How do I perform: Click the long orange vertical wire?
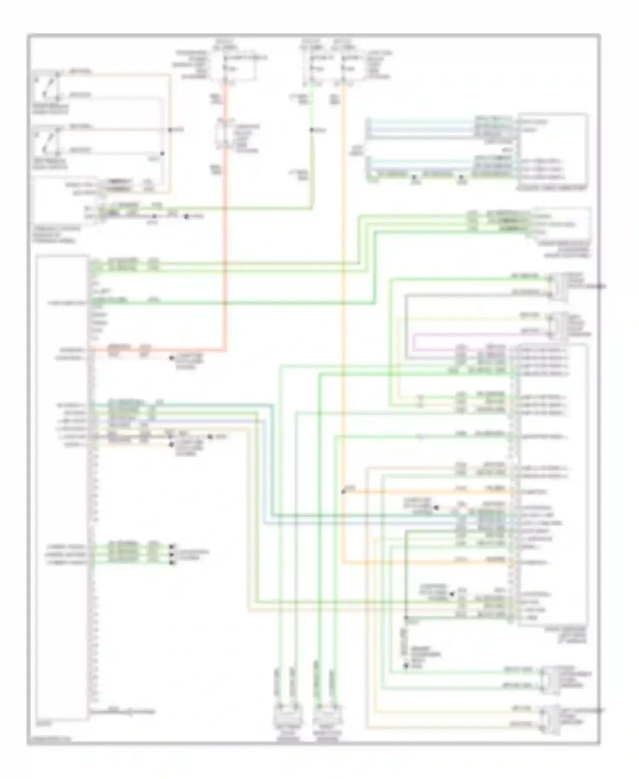(343, 298)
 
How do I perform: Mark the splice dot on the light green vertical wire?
(312, 130)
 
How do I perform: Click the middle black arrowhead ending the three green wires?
(172, 554)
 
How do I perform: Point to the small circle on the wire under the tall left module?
(130, 712)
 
